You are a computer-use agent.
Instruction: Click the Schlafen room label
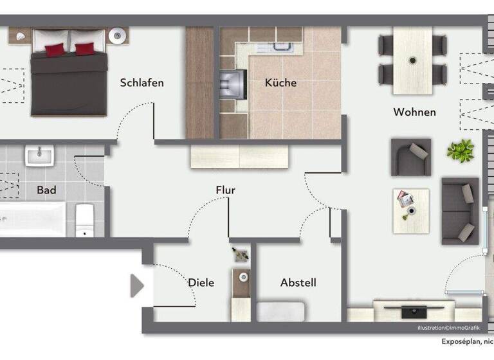pos(142,83)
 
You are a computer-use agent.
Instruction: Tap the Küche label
pos(280,83)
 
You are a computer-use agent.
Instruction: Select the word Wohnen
pos(414,112)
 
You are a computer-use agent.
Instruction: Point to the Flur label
pos(225,190)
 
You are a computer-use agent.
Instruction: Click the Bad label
pos(46,190)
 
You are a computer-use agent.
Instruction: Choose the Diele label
pos(201,283)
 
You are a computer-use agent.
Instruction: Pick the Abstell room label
pos(298,283)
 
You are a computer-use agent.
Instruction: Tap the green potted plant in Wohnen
pos(460,151)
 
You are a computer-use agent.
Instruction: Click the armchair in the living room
pos(410,157)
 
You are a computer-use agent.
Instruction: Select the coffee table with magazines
pos(410,204)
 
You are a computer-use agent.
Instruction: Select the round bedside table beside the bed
pos(118,36)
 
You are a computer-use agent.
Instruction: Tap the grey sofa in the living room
pos(459,210)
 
